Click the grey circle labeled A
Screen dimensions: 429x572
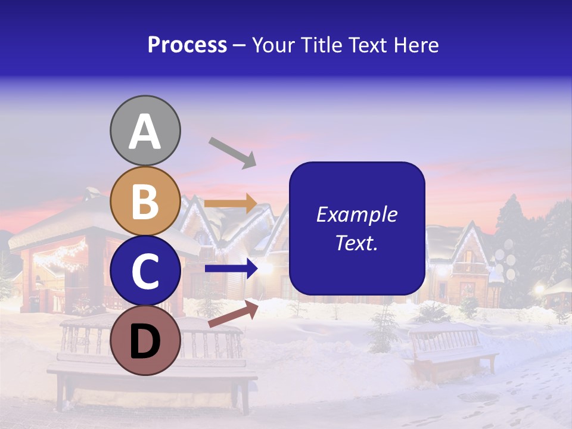[145, 130]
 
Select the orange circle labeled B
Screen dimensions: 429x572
[145, 201]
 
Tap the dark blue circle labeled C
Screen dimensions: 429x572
[145, 271]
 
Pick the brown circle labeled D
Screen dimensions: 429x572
[145, 340]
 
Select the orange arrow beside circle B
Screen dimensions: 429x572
[231, 204]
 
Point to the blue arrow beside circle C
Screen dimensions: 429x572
[231, 269]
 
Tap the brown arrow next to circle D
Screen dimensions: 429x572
[233, 314]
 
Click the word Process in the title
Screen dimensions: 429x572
[187, 45]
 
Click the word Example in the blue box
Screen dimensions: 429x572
[357, 214]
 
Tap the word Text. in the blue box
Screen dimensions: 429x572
[357, 243]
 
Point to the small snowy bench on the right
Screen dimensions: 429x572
[453, 351]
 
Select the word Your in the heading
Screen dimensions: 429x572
[273, 45]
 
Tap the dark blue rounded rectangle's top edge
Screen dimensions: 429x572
[357, 163]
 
